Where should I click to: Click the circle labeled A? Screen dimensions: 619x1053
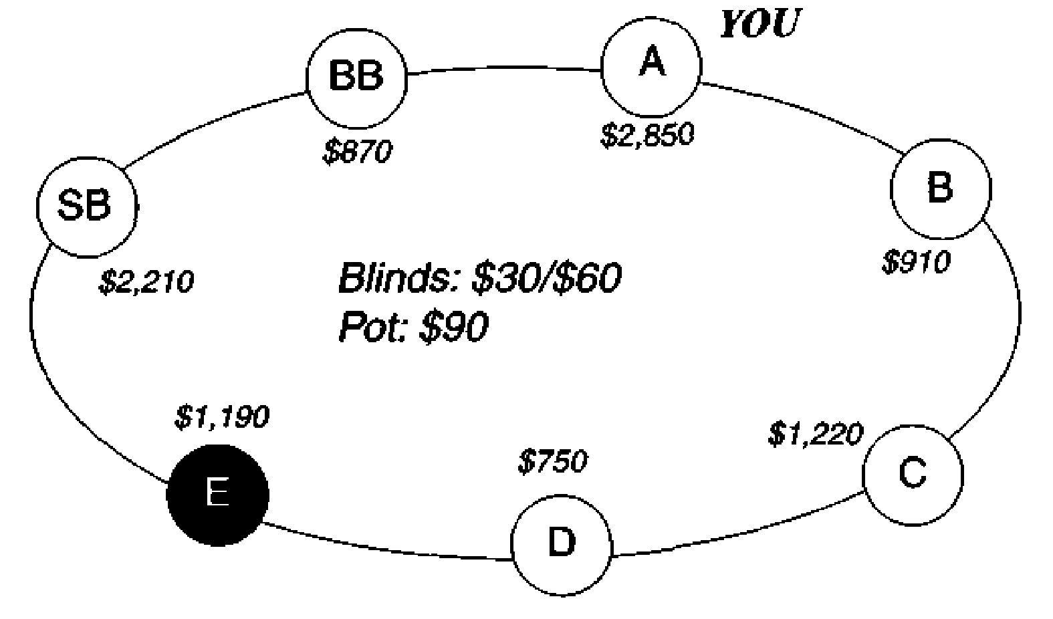pyautogui.click(x=652, y=66)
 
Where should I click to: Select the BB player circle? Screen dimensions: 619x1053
pyautogui.click(x=356, y=77)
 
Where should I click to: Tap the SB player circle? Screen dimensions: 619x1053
pyautogui.click(x=86, y=205)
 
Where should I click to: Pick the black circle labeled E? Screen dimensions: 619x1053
pyautogui.click(x=217, y=495)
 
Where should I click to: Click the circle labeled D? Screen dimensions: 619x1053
pyautogui.click(x=562, y=544)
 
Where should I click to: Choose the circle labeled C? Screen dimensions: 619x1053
pyautogui.click(x=913, y=473)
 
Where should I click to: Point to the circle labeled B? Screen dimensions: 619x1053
pyautogui.click(x=940, y=189)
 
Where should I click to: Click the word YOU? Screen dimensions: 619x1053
pyautogui.click(x=759, y=25)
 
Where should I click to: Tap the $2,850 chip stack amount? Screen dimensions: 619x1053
pyautogui.click(x=647, y=135)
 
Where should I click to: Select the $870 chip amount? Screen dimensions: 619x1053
pyautogui.click(x=356, y=152)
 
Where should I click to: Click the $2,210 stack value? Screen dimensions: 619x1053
pyautogui.click(x=146, y=282)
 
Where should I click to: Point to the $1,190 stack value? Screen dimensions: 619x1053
pyautogui.click(x=222, y=417)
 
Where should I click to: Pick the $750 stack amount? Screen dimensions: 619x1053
pyautogui.click(x=553, y=462)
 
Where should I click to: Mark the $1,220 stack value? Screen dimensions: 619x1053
pyautogui.click(x=815, y=435)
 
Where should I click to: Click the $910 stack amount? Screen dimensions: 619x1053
pyautogui.click(x=915, y=262)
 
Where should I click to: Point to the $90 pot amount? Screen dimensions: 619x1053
pyautogui.click(x=454, y=328)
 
